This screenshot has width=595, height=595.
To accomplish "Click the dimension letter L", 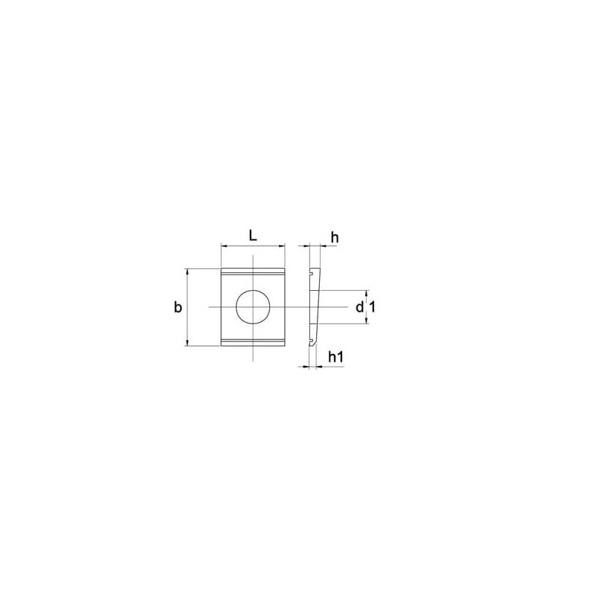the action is [253, 236].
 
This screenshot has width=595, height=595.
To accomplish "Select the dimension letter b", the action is [178, 306].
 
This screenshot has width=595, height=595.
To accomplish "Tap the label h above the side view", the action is [334, 237].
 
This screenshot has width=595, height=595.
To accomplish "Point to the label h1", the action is [336, 357].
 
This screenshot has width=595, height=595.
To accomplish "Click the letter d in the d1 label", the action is [360, 306].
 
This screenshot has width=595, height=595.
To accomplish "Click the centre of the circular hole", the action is [253, 306].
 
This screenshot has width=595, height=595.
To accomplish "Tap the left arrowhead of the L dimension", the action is [224, 246].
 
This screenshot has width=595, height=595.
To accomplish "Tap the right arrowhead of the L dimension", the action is [282, 246].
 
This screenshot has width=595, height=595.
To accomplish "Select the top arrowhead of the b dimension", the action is [187, 271].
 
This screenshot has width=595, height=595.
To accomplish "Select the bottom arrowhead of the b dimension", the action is [187, 343].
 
